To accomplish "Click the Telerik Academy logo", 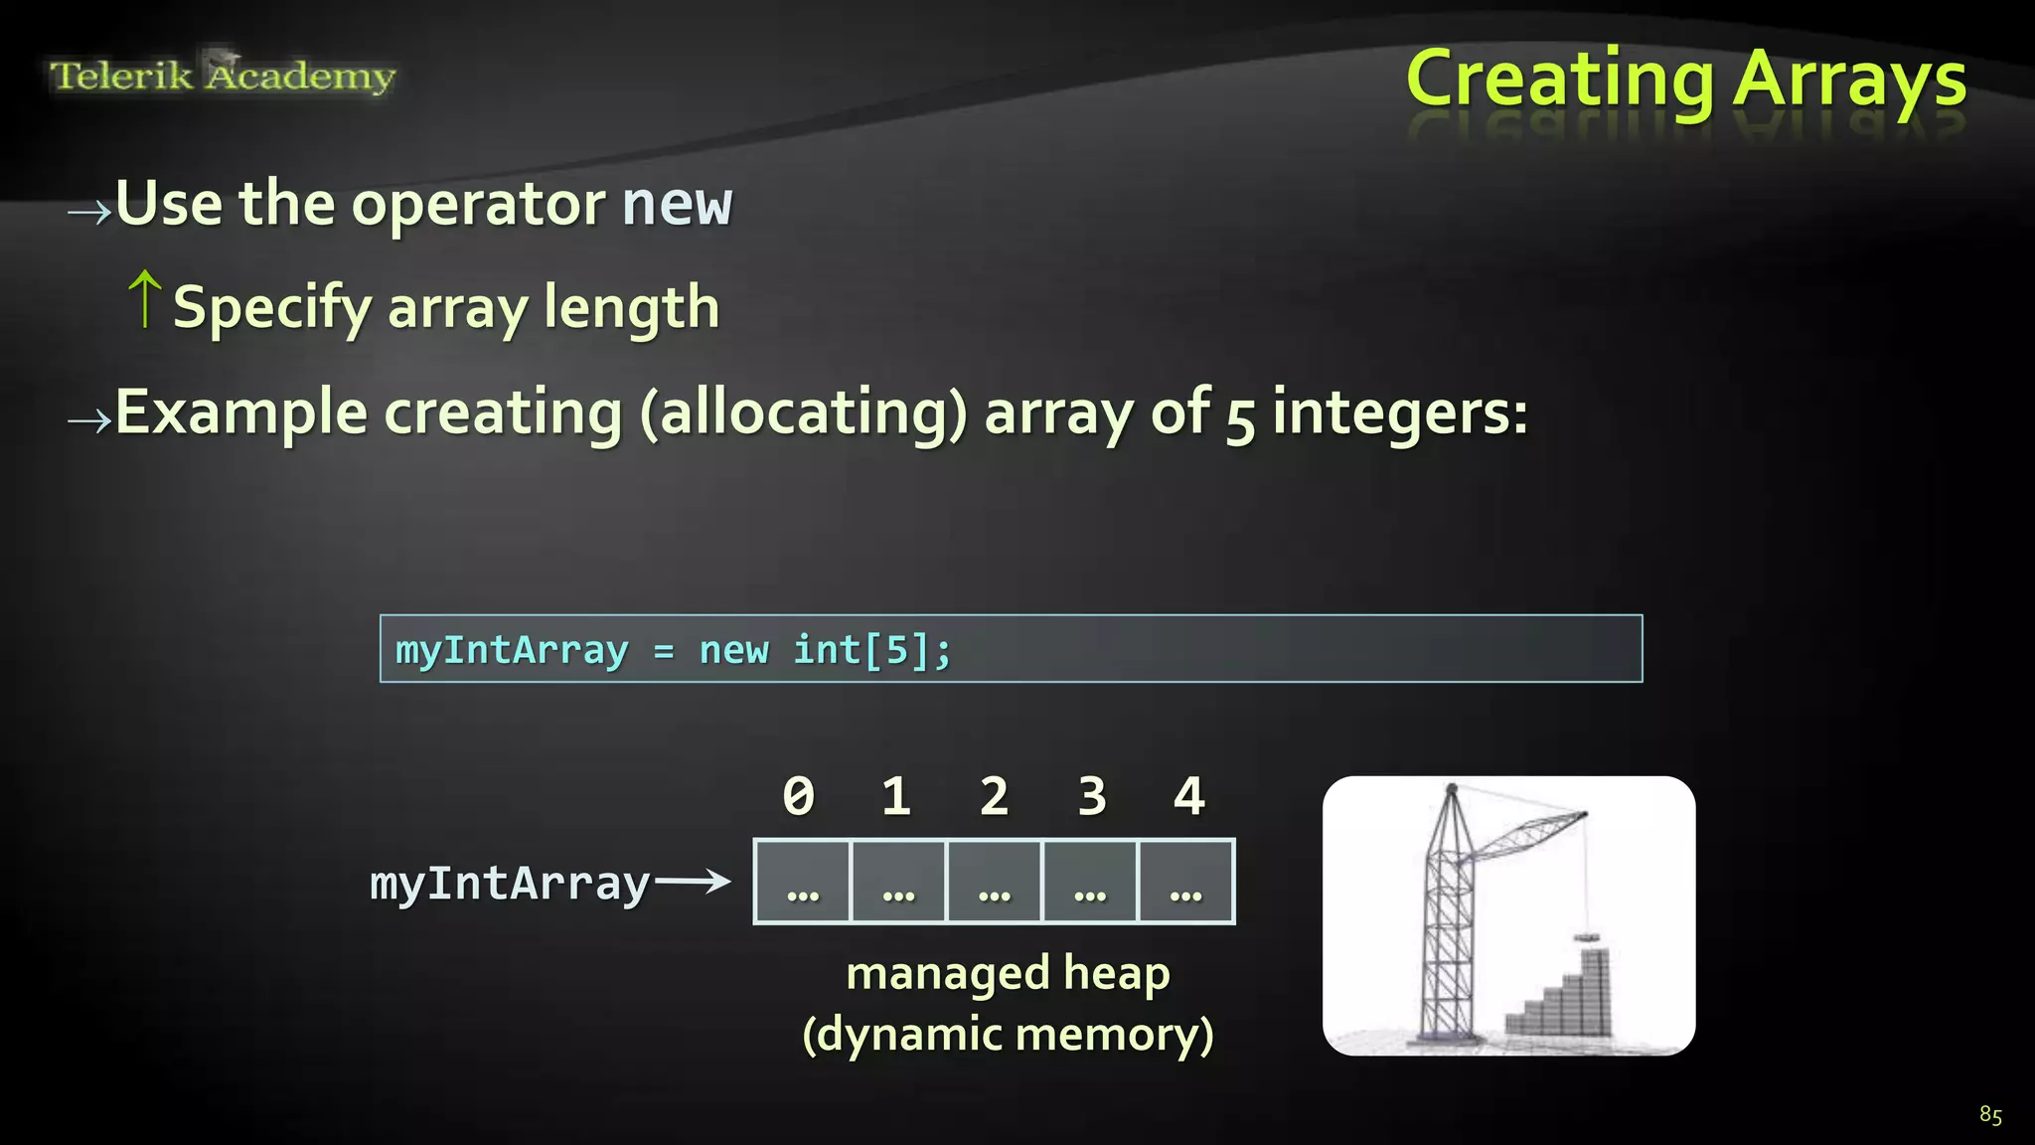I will [223, 76].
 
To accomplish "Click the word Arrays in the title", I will [1849, 80].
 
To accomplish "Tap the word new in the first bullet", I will [677, 204].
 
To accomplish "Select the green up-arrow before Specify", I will [145, 298].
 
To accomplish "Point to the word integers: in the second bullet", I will [1399, 412].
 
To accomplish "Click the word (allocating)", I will [803, 412].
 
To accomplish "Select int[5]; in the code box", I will [872, 650].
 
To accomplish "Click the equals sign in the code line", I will [664, 651].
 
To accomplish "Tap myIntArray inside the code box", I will [512, 651].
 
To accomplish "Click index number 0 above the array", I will [799, 796].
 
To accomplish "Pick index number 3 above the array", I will [1092, 796].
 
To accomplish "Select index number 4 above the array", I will [1189, 796].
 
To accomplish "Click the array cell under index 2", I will [994, 882].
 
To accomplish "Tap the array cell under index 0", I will [802, 882].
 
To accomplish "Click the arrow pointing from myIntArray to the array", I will [693, 881].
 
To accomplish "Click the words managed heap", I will [1008, 973].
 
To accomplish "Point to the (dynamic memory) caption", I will [1008, 1035].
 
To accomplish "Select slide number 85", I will [1990, 1114].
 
